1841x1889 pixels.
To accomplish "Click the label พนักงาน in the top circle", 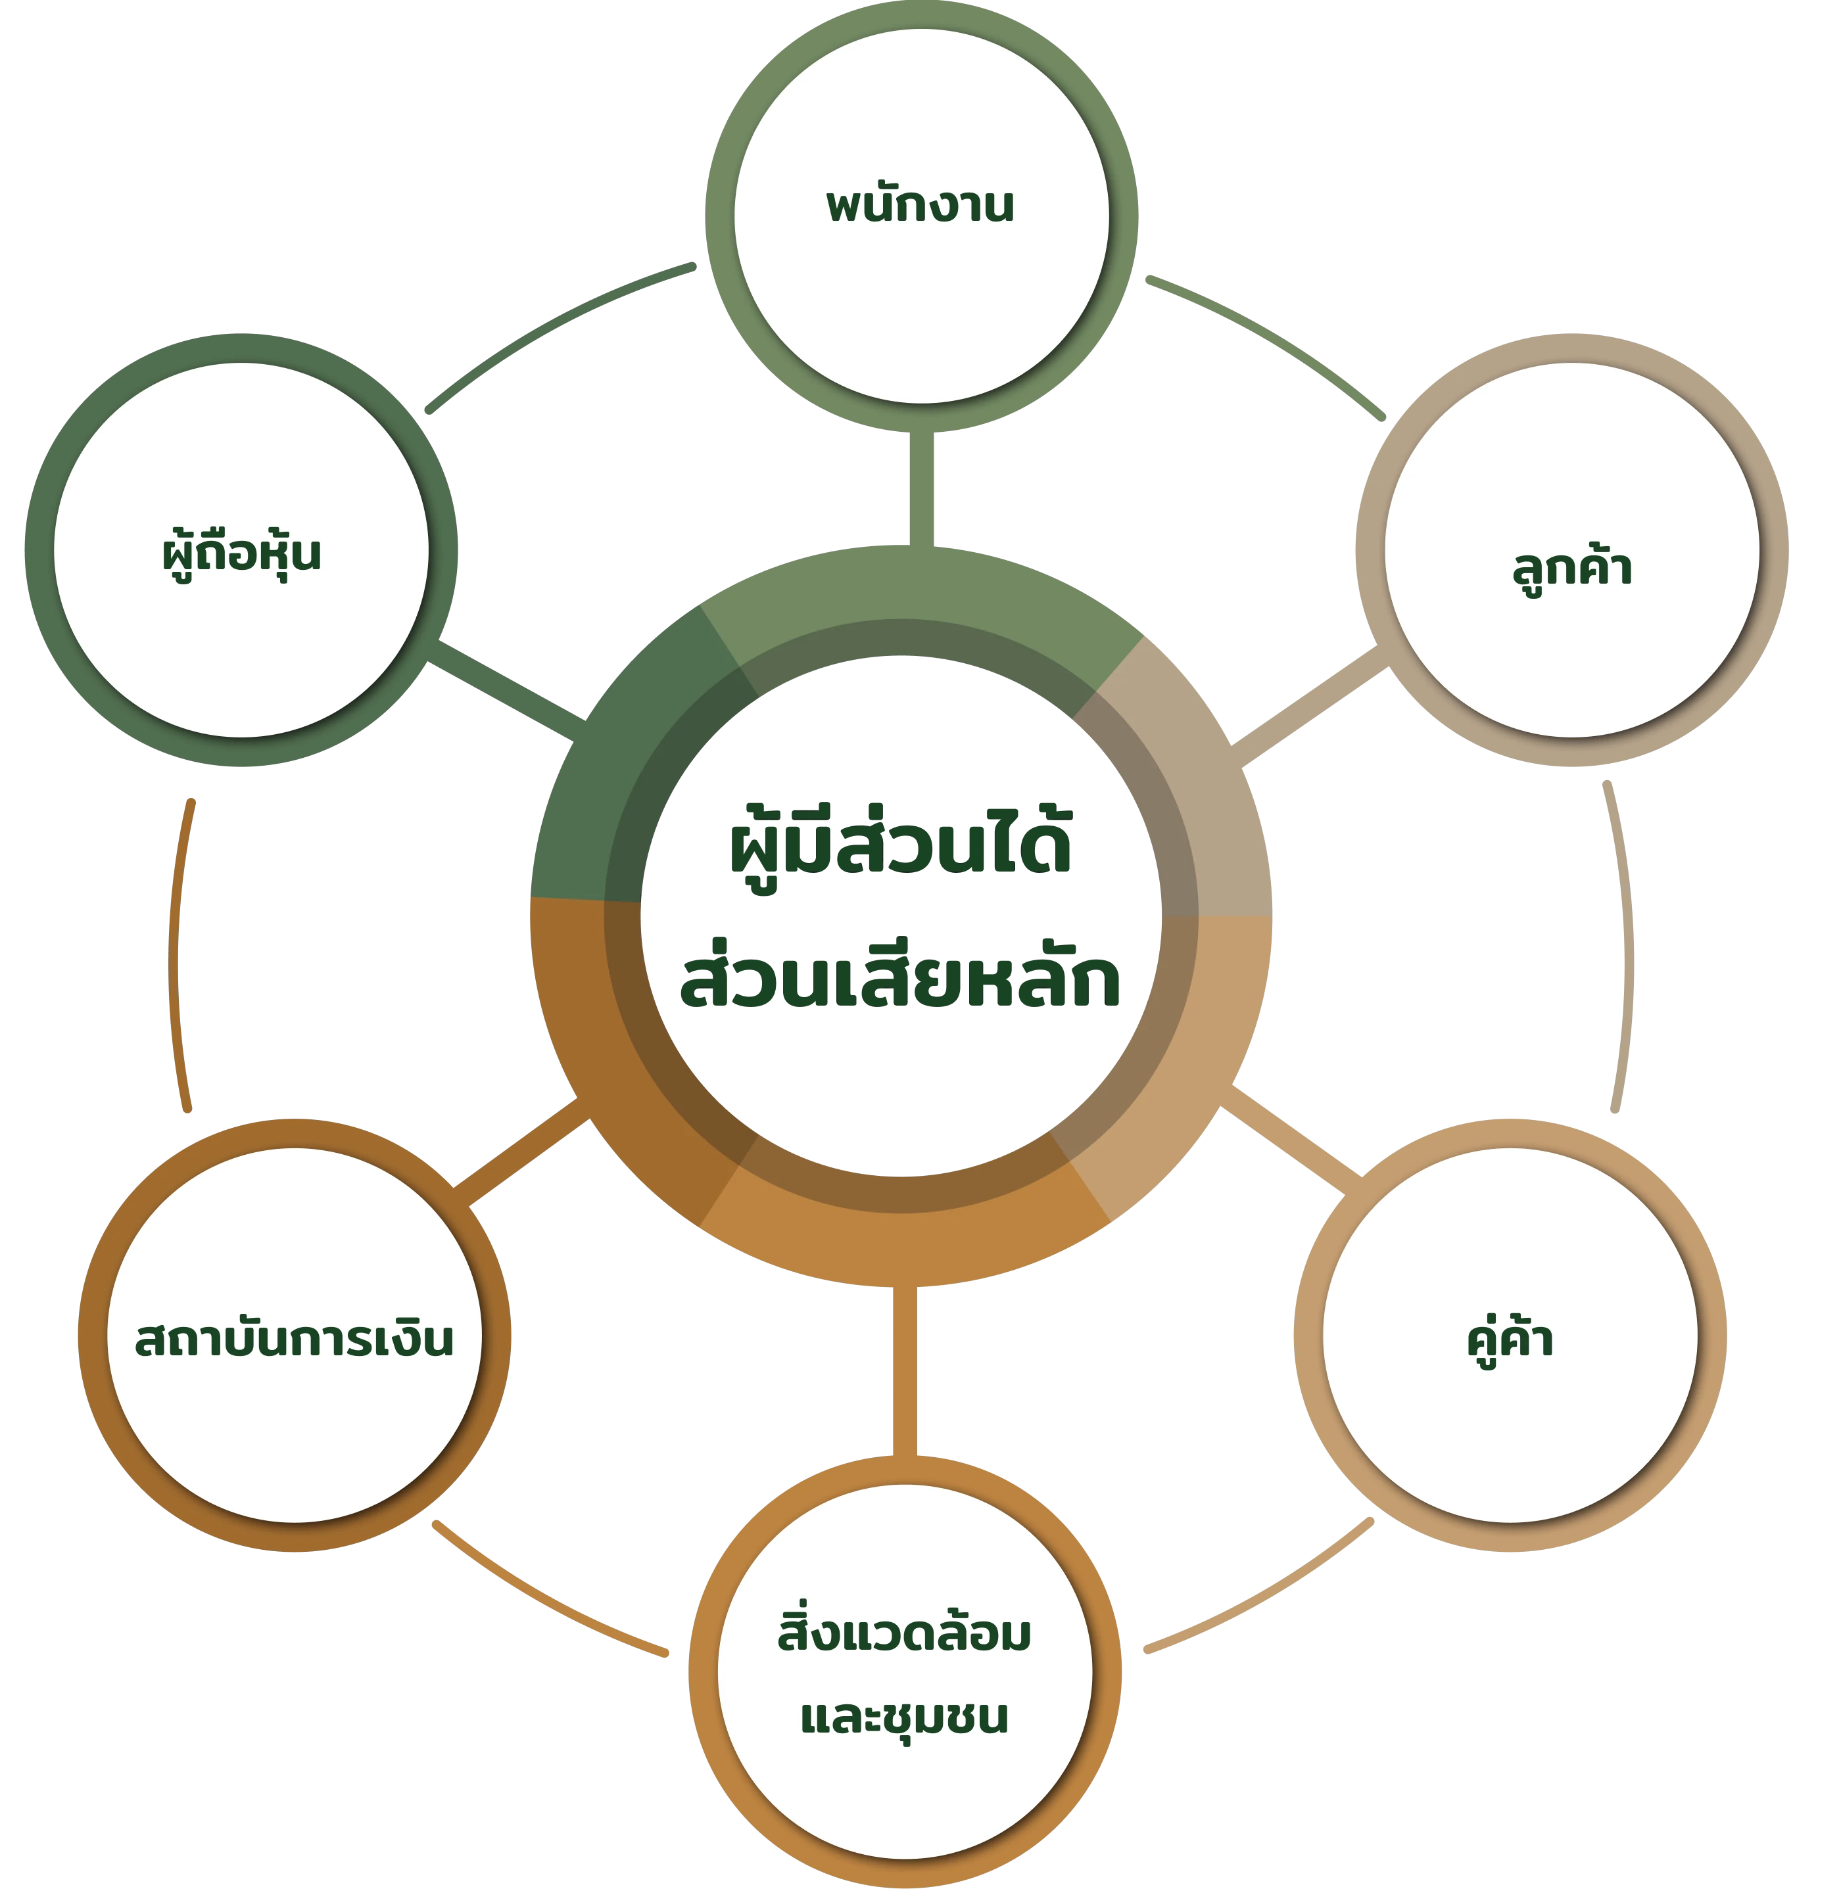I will [920, 206].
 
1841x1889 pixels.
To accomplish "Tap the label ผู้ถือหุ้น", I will [241, 554].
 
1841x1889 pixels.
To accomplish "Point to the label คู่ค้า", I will [1510, 1341].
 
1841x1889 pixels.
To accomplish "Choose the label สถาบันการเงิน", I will [294, 1340].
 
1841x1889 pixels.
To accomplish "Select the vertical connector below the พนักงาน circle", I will [920, 488].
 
